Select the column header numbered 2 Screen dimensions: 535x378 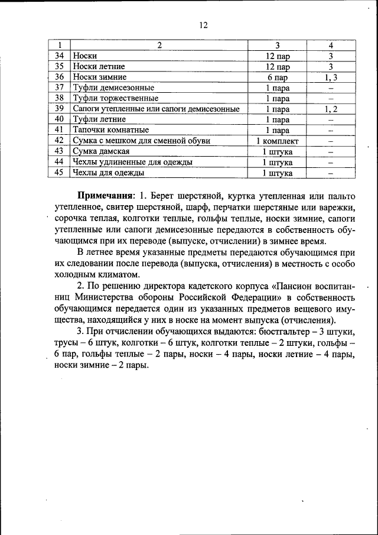click(159, 45)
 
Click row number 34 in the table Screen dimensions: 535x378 click(59, 56)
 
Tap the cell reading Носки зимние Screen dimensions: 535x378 click(100, 77)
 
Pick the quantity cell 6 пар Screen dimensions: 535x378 click(277, 77)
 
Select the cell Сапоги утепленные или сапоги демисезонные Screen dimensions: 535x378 click(156, 109)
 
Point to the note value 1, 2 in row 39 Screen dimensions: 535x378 click(331, 109)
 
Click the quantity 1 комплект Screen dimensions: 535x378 click(277, 141)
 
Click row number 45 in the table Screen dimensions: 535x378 click(59, 173)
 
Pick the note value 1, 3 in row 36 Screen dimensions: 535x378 click(331, 77)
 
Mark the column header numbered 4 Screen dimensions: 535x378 click(331, 45)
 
